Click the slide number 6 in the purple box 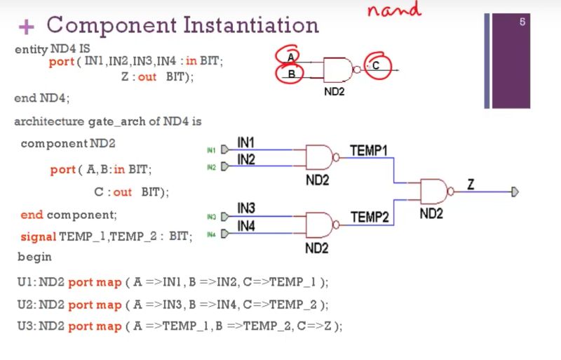click(x=522, y=22)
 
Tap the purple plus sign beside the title click(x=26, y=27)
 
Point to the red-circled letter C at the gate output click(x=376, y=65)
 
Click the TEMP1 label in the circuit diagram click(x=369, y=150)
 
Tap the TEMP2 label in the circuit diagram click(x=370, y=217)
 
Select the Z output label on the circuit click(x=471, y=185)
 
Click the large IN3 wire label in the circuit click(x=246, y=208)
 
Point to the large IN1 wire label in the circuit click(x=246, y=142)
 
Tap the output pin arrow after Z click(x=515, y=192)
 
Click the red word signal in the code click(x=39, y=236)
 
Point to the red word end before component click(x=32, y=215)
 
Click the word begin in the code click(x=34, y=257)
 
